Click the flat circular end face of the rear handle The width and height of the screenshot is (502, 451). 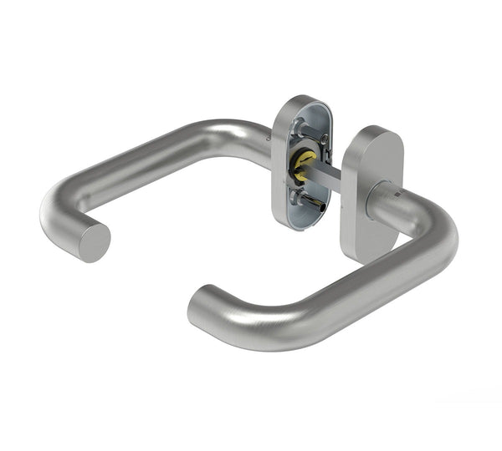(93, 242)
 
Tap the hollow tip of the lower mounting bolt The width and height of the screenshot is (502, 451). (322, 205)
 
